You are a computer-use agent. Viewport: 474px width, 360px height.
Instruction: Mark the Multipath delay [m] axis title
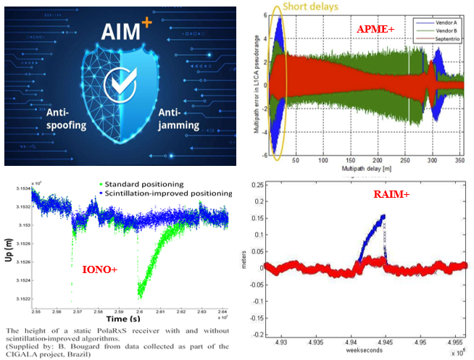[x=371, y=167]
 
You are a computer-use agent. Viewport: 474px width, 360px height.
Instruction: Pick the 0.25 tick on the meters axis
[x=258, y=185]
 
